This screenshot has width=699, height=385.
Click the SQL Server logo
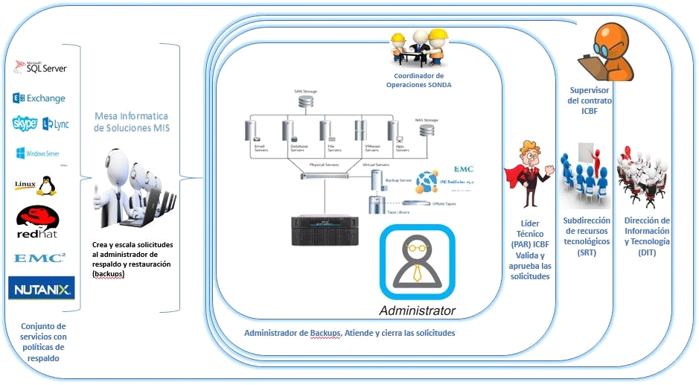pyautogui.click(x=42, y=67)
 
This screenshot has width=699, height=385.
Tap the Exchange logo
pyautogui.click(x=39, y=98)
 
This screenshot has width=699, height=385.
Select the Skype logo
pyautogui.click(x=25, y=124)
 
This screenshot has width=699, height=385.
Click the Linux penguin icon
pyautogui.click(x=46, y=185)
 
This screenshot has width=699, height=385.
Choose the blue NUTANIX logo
pyautogui.click(x=41, y=287)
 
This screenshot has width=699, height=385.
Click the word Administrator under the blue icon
pyautogui.click(x=417, y=310)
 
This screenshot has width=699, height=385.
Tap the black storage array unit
pyautogui.click(x=325, y=230)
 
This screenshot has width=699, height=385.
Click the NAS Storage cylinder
pyautogui.click(x=427, y=130)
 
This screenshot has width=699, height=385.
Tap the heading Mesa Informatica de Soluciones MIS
pyautogui.click(x=131, y=123)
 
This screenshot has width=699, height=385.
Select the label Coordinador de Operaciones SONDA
pyautogui.click(x=418, y=80)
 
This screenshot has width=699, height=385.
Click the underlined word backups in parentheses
pyautogui.click(x=109, y=274)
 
